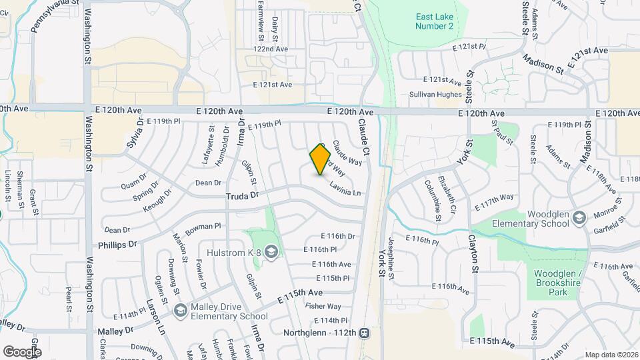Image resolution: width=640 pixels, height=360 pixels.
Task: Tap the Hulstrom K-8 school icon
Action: pyautogui.click(x=271, y=251)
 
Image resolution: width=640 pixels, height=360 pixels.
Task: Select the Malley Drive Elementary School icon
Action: pyautogui.click(x=179, y=311)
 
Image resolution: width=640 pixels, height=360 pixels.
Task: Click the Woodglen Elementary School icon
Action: pyautogui.click(x=579, y=218)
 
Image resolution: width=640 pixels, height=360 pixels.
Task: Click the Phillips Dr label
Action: pyautogui.click(x=117, y=245)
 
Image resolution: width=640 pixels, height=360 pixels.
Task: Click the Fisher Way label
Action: pyautogui.click(x=323, y=306)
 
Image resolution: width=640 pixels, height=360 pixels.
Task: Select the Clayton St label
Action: pyautogui.click(x=475, y=253)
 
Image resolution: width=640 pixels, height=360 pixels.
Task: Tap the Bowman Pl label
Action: pyautogui.click(x=202, y=228)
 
